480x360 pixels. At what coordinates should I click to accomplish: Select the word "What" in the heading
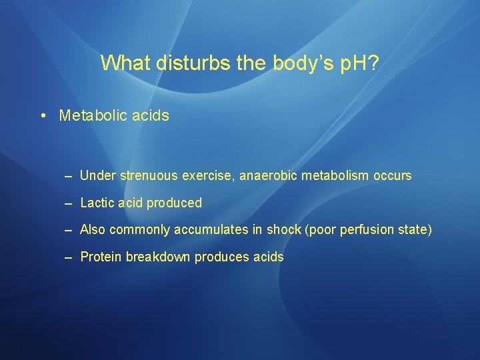[x=127, y=63]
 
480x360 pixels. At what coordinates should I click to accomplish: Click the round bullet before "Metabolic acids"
[x=42, y=115]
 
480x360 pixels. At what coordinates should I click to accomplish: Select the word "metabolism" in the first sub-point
[x=331, y=176]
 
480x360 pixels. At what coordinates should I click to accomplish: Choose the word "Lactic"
[x=97, y=203]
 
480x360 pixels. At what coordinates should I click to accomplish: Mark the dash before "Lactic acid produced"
[x=69, y=203]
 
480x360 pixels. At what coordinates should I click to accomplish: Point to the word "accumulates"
[x=211, y=230]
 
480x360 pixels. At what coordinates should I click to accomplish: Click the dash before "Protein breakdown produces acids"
[x=69, y=257]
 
